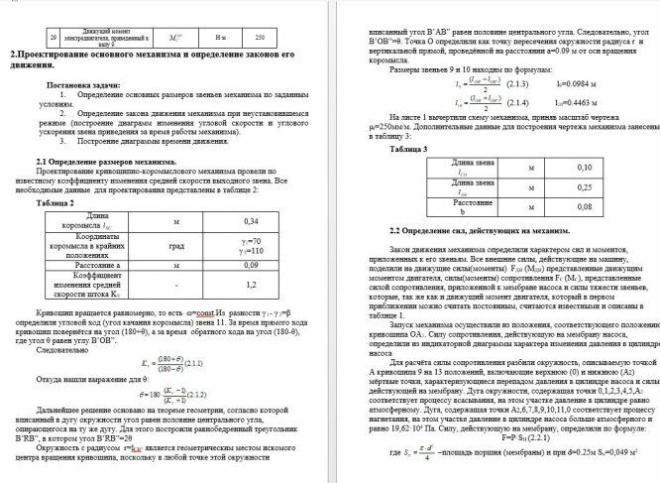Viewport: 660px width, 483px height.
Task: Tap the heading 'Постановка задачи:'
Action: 83,87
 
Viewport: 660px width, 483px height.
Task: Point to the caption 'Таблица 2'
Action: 55,201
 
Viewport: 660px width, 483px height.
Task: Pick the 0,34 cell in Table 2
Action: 251,220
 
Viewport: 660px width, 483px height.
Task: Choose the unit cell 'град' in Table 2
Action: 176,244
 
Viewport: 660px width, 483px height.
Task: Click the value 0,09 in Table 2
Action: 251,266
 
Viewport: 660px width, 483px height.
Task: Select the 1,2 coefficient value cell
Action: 251,287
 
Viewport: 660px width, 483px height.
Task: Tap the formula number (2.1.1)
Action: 190,362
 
